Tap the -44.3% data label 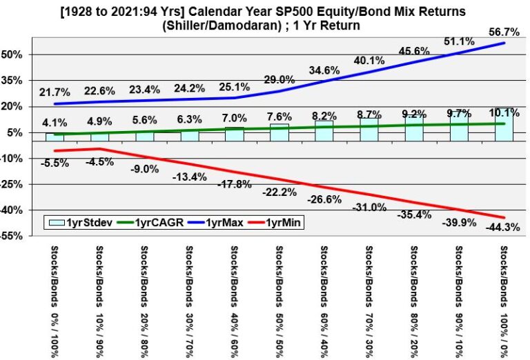pyautogui.click(x=505, y=227)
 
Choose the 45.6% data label pyautogui.click(x=415, y=50)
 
